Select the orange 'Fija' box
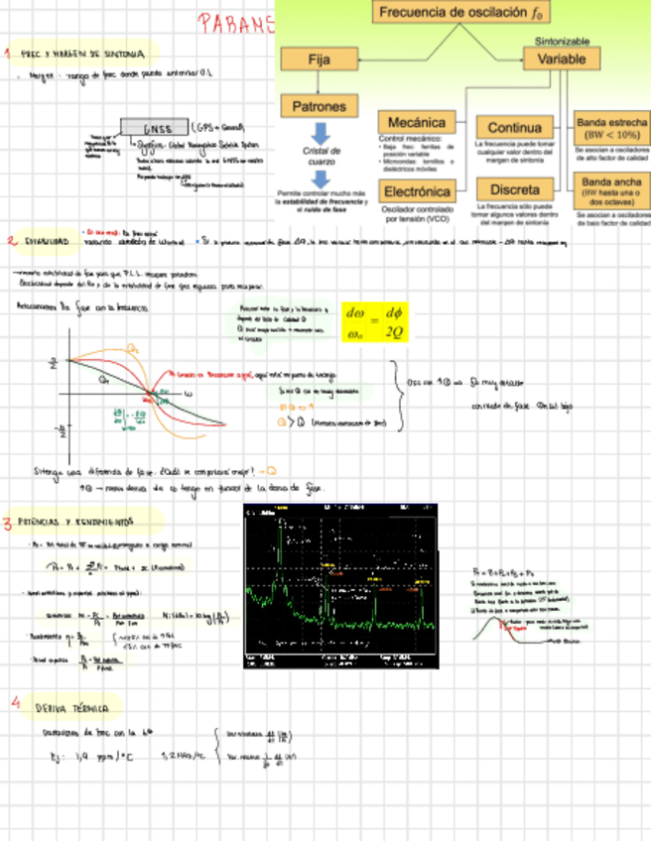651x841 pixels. [x=319, y=60]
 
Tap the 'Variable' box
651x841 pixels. [x=562, y=60]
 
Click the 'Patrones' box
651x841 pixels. [x=319, y=106]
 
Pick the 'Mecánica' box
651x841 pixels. [x=416, y=122]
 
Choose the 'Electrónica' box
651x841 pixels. [x=417, y=189]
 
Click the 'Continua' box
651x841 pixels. [x=514, y=128]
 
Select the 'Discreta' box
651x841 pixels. [x=514, y=188]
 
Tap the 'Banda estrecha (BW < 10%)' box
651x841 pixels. [x=612, y=128]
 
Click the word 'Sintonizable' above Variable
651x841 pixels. [x=562, y=42]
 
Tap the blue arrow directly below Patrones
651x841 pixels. [x=320, y=133]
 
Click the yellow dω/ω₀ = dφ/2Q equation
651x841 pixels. [x=373, y=323]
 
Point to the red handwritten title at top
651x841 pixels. [x=235, y=24]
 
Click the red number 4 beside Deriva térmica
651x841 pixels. [x=16, y=701]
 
